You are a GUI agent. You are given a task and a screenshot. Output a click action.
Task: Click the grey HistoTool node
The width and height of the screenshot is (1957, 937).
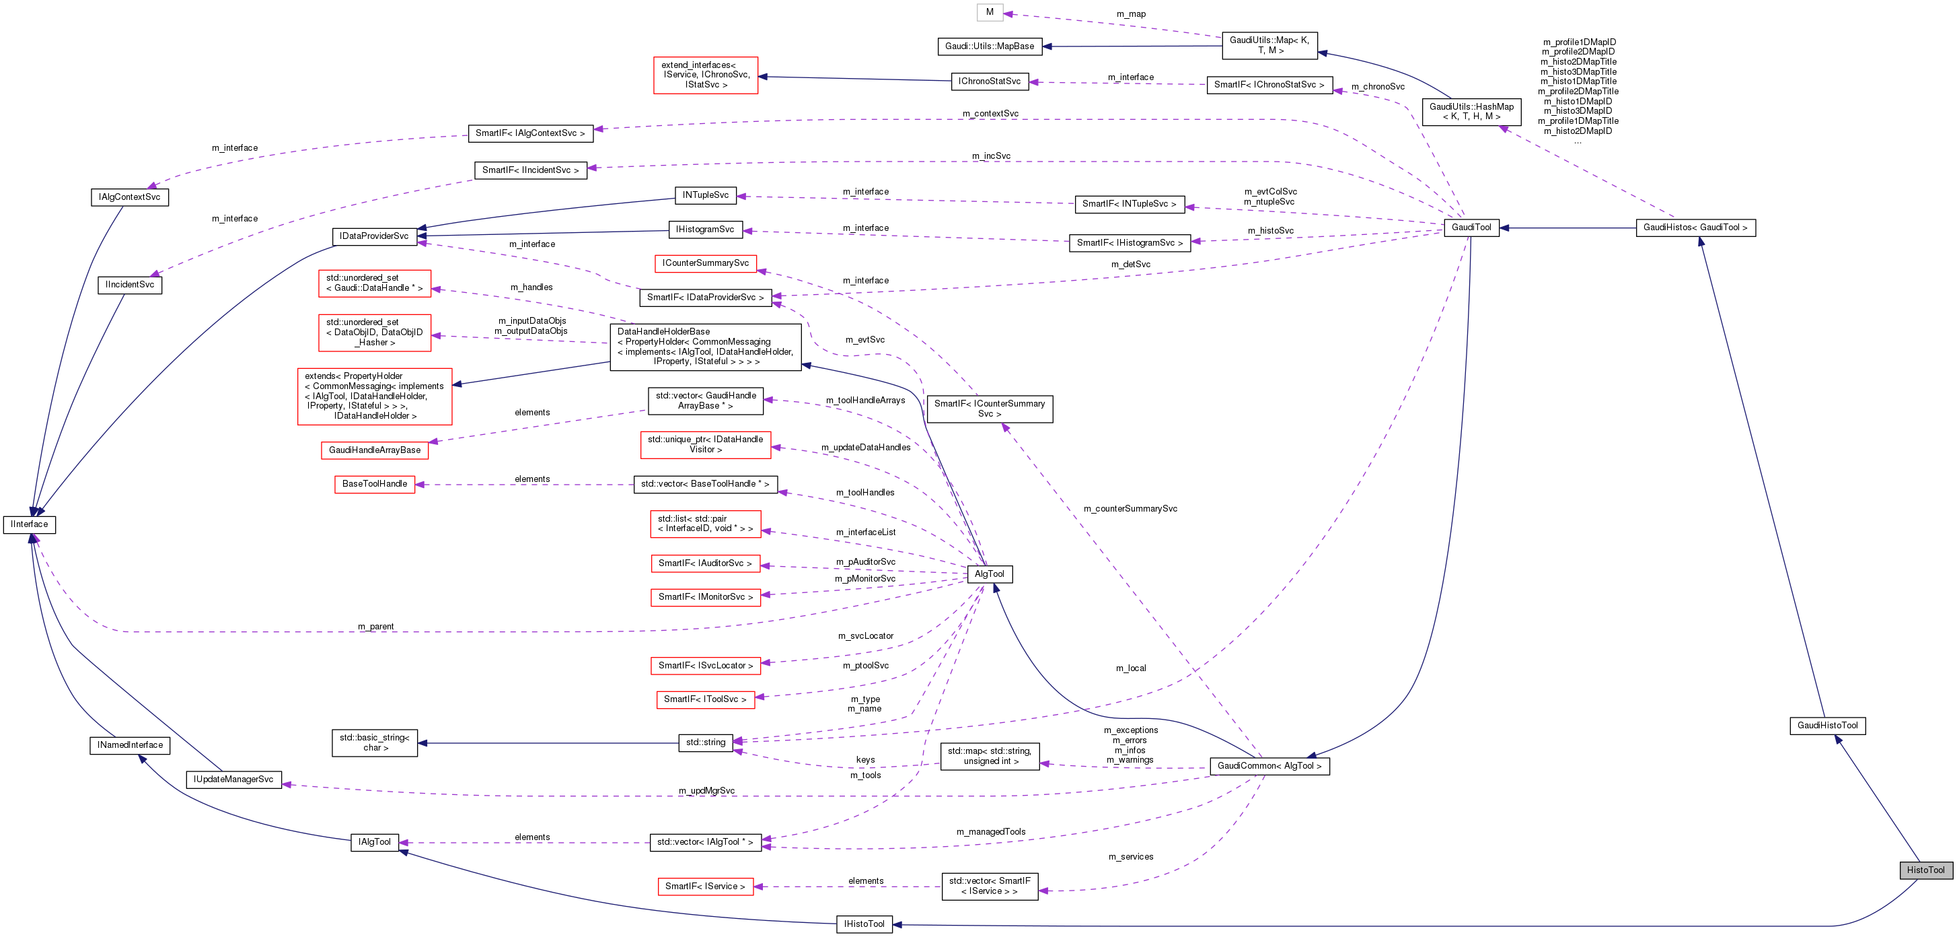[1925, 870]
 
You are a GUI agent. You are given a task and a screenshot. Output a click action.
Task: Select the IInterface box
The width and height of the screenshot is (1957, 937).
[30, 524]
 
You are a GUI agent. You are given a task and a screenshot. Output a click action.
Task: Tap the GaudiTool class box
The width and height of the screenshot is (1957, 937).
[1471, 228]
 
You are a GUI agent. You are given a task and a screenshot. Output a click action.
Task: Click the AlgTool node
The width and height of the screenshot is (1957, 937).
[989, 574]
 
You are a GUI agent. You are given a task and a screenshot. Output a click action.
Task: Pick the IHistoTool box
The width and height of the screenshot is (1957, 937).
[864, 924]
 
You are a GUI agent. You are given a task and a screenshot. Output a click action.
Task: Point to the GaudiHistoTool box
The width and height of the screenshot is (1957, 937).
[1827, 725]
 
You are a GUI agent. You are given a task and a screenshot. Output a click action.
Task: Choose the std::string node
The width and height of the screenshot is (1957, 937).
[705, 742]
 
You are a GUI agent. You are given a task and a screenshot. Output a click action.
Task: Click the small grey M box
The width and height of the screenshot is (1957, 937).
[989, 12]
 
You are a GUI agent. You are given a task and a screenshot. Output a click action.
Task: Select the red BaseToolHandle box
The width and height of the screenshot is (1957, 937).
[375, 484]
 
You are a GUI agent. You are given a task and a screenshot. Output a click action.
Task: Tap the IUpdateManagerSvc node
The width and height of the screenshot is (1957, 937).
[233, 779]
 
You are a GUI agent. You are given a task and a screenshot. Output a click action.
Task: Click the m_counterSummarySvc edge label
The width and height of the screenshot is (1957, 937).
[1130, 508]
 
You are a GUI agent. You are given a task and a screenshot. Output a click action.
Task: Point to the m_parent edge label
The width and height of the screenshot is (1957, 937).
[375, 627]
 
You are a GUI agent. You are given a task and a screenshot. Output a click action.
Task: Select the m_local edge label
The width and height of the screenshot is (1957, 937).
[1130, 668]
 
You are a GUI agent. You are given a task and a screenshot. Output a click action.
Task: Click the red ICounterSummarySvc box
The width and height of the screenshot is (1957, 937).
[705, 263]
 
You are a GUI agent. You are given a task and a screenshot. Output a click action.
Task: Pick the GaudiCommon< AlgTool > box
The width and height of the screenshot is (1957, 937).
[1269, 766]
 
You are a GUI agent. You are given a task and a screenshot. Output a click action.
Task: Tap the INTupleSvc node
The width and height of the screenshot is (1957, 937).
[705, 195]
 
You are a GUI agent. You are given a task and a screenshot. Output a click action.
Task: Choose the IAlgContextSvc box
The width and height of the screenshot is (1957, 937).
[129, 197]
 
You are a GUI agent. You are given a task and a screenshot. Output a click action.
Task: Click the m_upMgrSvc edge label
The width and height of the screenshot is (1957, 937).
[706, 790]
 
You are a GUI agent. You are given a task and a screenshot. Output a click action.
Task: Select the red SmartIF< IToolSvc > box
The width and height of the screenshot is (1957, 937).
[705, 699]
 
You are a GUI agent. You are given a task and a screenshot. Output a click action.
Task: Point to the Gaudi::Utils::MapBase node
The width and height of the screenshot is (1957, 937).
[989, 46]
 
